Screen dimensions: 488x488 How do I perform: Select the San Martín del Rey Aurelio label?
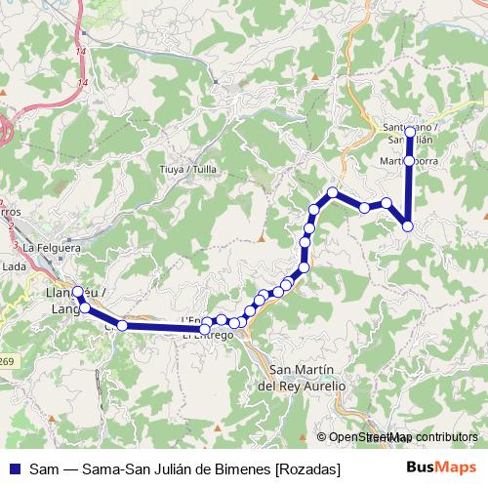click(x=307, y=378)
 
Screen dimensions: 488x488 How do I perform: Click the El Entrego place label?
click(x=208, y=335)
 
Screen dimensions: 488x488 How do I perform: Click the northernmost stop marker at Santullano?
click(x=410, y=131)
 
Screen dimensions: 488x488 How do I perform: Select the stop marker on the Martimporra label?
click(x=409, y=161)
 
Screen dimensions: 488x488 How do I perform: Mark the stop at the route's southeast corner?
click(x=408, y=226)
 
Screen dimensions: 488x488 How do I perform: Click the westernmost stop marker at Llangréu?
click(x=78, y=291)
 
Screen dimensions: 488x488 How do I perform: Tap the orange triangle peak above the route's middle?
click(x=262, y=237)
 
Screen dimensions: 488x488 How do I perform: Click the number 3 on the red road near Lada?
click(x=16, y=244)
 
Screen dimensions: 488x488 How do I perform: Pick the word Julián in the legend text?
click(x=182, y=469)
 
